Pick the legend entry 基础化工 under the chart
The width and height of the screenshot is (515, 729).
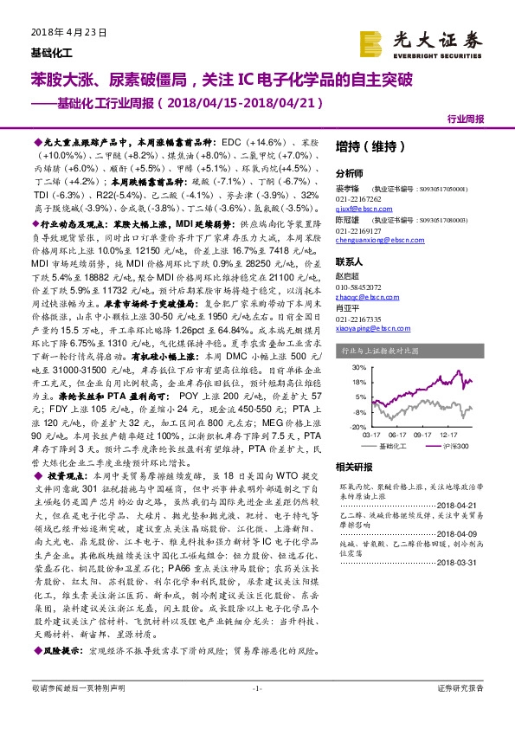393,447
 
